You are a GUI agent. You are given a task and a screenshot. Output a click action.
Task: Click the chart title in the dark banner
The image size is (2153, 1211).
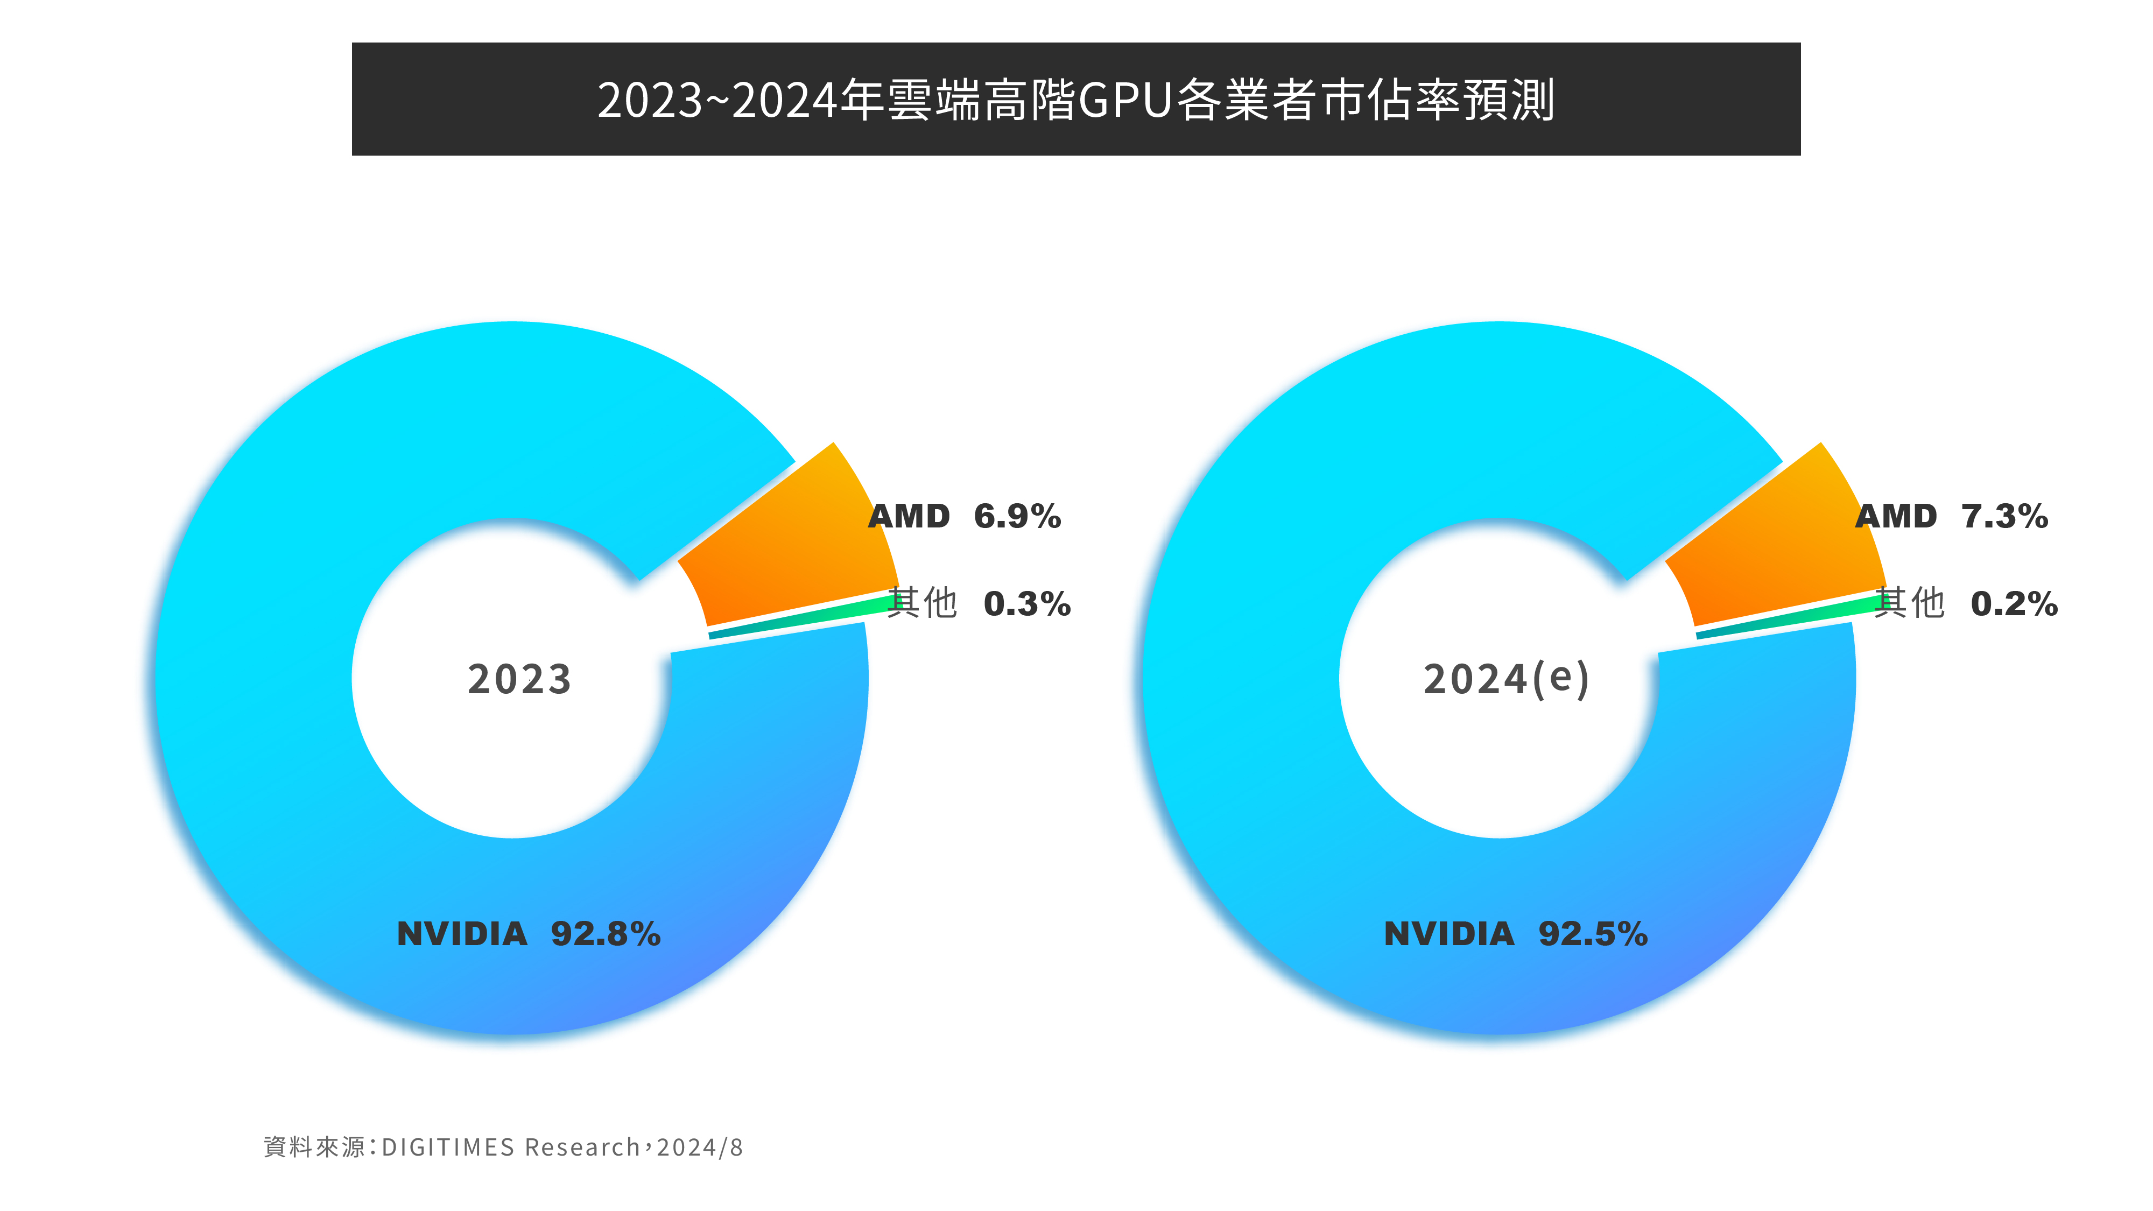1075,100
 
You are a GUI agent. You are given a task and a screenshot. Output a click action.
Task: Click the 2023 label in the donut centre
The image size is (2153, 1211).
519,679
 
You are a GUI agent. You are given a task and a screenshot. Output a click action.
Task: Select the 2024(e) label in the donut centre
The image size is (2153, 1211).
1506,679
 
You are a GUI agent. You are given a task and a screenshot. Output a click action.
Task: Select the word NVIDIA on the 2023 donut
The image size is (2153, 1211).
462,933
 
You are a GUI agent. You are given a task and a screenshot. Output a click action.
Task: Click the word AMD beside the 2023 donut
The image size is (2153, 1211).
909,517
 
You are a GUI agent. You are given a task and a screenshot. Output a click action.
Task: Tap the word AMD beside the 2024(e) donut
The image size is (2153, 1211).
1896,517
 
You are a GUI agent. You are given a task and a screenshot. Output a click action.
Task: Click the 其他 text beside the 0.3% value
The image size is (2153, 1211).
922,603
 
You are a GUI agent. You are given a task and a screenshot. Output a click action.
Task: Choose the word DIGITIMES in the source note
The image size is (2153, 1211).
448,1146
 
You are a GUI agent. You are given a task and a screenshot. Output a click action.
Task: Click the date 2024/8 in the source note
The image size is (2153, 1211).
700,1146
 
